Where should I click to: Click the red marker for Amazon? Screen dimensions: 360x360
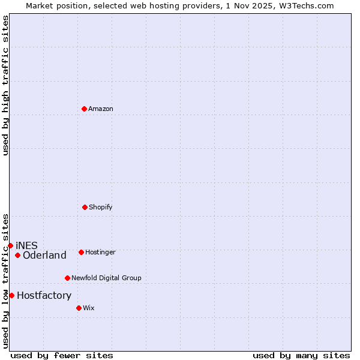pos(84,109)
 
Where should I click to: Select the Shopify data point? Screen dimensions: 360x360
pos(85,207)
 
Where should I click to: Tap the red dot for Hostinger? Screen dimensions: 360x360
pos(81,252)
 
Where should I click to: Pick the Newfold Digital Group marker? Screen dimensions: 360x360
pos(67,278)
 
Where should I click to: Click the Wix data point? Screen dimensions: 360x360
pos(79,308)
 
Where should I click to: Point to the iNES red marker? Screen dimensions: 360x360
pos(10,245)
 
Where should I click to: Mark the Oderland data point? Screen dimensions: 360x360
pos(17,255)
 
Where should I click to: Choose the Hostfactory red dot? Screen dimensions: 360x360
pos(11,295)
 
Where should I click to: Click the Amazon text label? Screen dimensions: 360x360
pos(101,109)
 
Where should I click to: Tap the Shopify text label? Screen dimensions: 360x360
pos(101,207)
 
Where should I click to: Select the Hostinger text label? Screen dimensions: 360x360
pos(100,252)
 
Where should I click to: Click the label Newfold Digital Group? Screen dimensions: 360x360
pos(106,278)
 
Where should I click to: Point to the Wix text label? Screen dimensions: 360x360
pos(89,308)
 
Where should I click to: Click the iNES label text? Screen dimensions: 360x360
pos(26,245)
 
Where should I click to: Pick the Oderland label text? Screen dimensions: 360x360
pos(44,255)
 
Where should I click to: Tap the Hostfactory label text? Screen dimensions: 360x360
pos(44,295)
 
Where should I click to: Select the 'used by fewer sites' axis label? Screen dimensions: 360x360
pos(62,355)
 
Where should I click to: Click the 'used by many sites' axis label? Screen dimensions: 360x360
pos(301,355)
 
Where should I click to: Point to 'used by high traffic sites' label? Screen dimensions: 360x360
pos(5,85)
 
